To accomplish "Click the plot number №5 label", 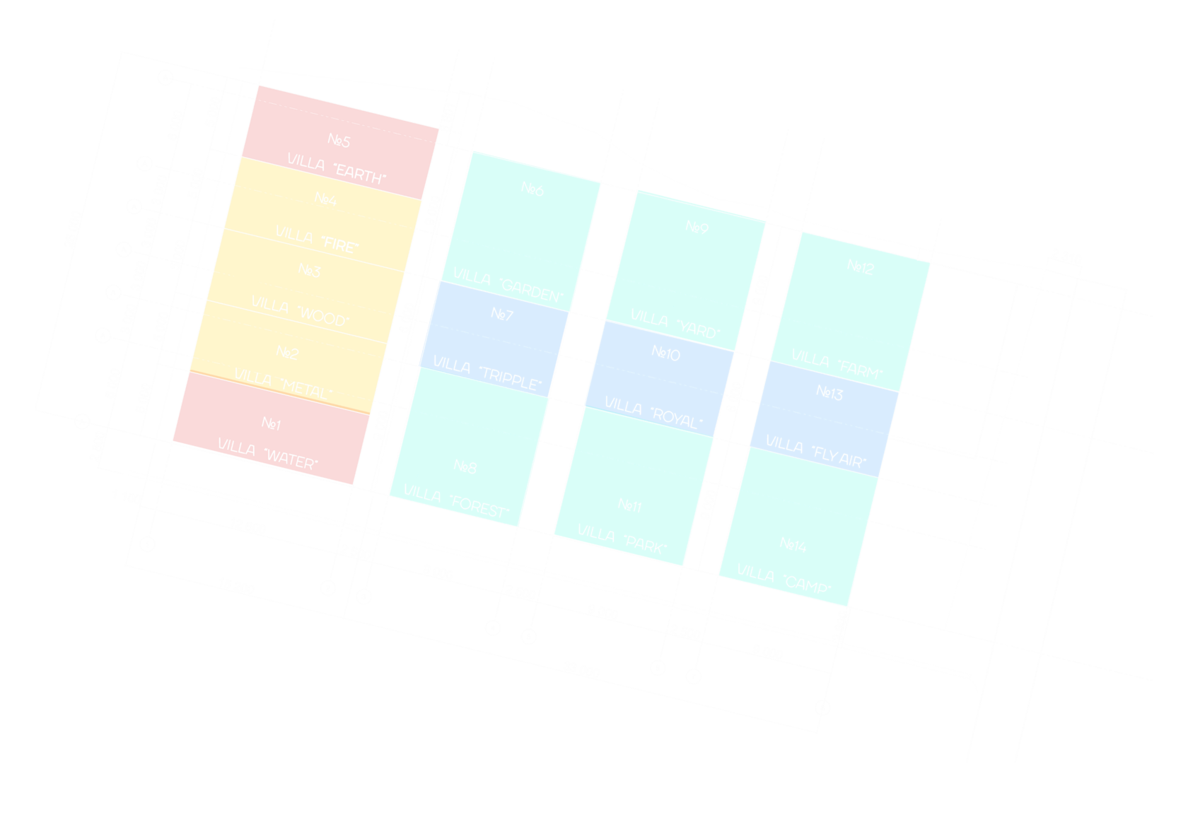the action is [x=339, y=140].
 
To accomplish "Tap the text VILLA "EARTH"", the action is [x=337, y=170].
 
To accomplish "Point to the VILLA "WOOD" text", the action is [x=300, y=311].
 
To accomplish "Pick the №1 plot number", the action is [x=271, y=423].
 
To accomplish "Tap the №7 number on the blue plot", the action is [x=502, y=314].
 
